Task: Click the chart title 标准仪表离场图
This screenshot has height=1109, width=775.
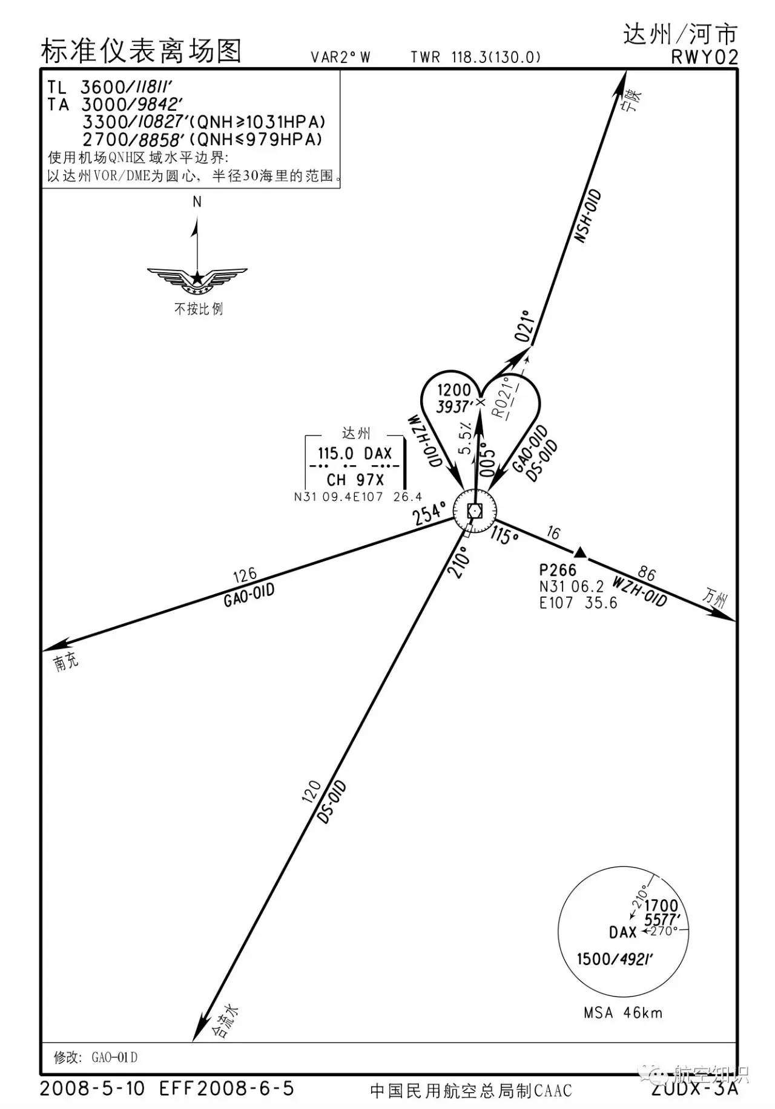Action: [x=141, y=51]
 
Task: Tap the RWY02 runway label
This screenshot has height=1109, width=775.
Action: [x=704, y=57]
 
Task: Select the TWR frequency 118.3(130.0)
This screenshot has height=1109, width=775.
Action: [x=495, y=57]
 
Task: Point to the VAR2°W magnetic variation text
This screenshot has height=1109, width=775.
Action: [x=340, y=57]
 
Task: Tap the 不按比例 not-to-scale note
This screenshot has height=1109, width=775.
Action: [x=199, y=309]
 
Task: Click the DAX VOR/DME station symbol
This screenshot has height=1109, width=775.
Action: [x=475, y=512]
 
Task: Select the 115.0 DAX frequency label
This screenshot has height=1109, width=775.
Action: [x=355, y=453]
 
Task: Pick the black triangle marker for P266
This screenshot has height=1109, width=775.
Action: [x=579, y=552]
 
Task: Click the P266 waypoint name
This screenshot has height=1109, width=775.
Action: [x=558, y=570]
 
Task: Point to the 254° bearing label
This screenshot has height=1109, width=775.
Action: [x=430, y=514]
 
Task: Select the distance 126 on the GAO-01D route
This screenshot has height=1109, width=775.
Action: [x=245, y=574]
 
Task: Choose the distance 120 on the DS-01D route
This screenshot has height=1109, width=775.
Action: [x=311, y=792]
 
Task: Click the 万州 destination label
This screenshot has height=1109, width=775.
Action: [x=714, y=597]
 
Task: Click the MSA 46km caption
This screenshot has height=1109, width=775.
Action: [x=622, y=1012]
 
